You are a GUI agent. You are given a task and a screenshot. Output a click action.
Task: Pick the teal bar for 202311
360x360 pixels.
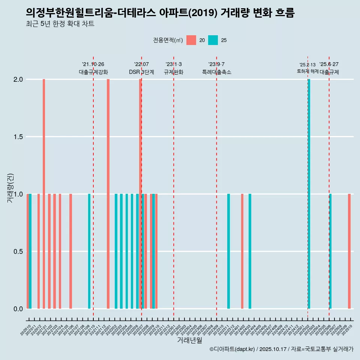click(x=228, y=251)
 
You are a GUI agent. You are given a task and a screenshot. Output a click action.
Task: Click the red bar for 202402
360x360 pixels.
click(x=242, y=251)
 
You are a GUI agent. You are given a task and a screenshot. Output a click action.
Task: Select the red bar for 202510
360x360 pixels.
click(x=349, y=251)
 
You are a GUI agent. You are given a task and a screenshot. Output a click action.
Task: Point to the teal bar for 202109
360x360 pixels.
click(x=89, y=251)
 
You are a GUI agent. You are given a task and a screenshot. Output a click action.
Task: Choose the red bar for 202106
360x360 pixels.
click(x=70, y=251)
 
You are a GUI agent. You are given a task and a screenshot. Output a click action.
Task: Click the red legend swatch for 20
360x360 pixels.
click(x=191, y=40)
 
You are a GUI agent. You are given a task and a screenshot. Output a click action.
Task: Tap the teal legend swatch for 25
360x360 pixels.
click(x=213, y=40)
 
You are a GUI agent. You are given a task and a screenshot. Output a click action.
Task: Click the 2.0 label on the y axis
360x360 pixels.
click(x=18, y=79)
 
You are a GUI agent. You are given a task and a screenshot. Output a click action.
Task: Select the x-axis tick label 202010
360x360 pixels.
click(x=25, y=330)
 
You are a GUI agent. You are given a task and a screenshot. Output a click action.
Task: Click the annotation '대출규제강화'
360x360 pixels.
click(x=93, y=72)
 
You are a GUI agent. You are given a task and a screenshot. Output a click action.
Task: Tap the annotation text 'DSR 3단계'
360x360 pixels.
click(x=141, y=72)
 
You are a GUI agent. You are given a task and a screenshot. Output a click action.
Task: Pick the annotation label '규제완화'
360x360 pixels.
click(x=174, y=72)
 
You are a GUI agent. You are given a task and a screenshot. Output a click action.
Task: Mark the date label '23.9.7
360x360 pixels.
click(x=216, y=64)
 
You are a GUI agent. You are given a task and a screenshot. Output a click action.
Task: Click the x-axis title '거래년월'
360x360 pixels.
click(x=189, y=340)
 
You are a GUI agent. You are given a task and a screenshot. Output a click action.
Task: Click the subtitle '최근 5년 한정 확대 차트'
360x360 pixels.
click(x=60, y=24)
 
